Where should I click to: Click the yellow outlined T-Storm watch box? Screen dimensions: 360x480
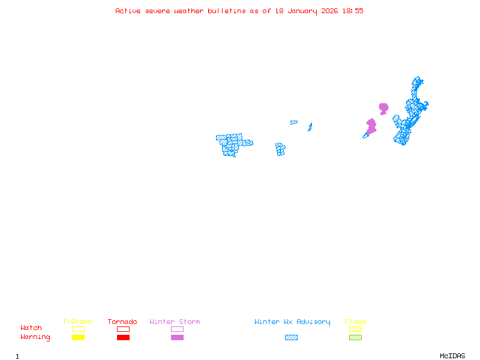78,329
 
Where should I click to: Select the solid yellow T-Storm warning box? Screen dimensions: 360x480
78,338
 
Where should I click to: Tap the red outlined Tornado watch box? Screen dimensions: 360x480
123,329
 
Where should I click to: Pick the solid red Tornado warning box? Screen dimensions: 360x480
123,338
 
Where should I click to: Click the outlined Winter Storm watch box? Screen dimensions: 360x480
177,329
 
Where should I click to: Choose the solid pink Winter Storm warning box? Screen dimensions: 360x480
177,338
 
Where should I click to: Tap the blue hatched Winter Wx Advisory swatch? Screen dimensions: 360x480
291,338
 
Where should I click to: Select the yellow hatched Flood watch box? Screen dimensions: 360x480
355,329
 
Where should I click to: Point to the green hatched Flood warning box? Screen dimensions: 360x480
355,338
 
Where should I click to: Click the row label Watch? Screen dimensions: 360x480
31,328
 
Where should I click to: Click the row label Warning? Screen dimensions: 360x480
35,337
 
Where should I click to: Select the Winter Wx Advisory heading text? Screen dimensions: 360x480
292,322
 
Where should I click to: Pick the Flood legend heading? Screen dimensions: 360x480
355,322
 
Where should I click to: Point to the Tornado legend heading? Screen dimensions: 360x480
122,322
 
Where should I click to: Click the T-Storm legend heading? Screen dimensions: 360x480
77,322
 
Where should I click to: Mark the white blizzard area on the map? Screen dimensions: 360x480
248,136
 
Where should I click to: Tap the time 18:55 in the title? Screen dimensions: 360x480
353,11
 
